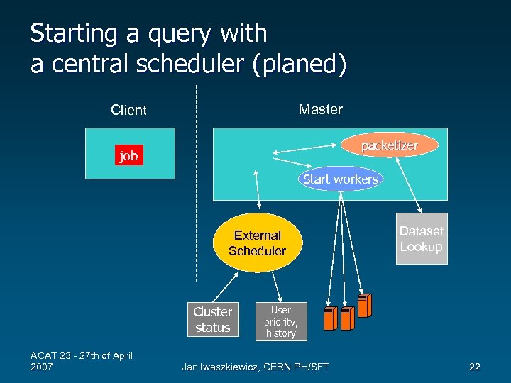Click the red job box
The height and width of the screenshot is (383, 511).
point(128,155)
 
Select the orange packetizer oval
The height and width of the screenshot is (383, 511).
point(389,145)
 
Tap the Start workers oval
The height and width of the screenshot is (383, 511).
point(340,179)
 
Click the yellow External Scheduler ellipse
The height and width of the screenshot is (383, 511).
point(257,243)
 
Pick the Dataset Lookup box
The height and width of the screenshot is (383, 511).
point(422,239)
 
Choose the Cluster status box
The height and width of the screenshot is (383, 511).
point(212,320)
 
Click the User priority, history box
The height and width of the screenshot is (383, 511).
point(280,321)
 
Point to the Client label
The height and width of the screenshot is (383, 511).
point(128,110)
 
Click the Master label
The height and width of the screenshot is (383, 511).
point(320,109)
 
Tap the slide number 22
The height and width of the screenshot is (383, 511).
point(475,367)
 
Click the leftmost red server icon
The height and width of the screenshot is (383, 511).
point(330,318)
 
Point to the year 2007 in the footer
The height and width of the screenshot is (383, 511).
point(42,367)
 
